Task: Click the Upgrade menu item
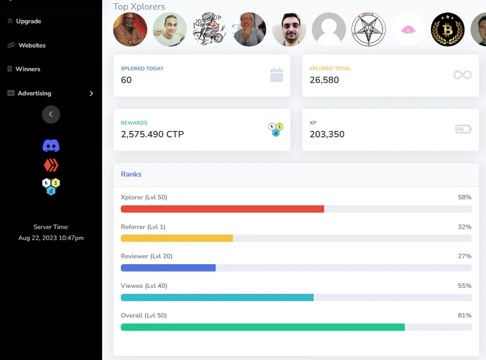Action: (x=28, y=21)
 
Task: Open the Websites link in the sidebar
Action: (x=32, y=45)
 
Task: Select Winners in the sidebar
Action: (x=28, y=69)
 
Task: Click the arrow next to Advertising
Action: (x=91, y=93)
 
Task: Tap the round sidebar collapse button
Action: (x=51, y=114)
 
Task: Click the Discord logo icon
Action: (x=51, y=146)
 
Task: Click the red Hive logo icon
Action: (x=51, y=165)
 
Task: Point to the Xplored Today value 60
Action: (x=126, y=80)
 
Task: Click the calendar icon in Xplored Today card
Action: (x=277, y=75)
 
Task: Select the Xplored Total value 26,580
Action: (x=324, y=80)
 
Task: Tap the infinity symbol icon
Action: (x=462, y=75)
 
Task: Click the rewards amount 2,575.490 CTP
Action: (x=152, y=134)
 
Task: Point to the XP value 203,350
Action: (x=327, y=134)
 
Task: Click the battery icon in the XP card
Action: (x=463, y=130)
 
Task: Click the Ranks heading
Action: (x=131, y=174)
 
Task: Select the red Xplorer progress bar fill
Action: (x=222, y=209)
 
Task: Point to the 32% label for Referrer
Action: (x=465, y=227)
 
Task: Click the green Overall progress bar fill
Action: (x=263, y=327)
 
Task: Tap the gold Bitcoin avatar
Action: (x=448, y=29)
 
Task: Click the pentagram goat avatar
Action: (x=369, y=29)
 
